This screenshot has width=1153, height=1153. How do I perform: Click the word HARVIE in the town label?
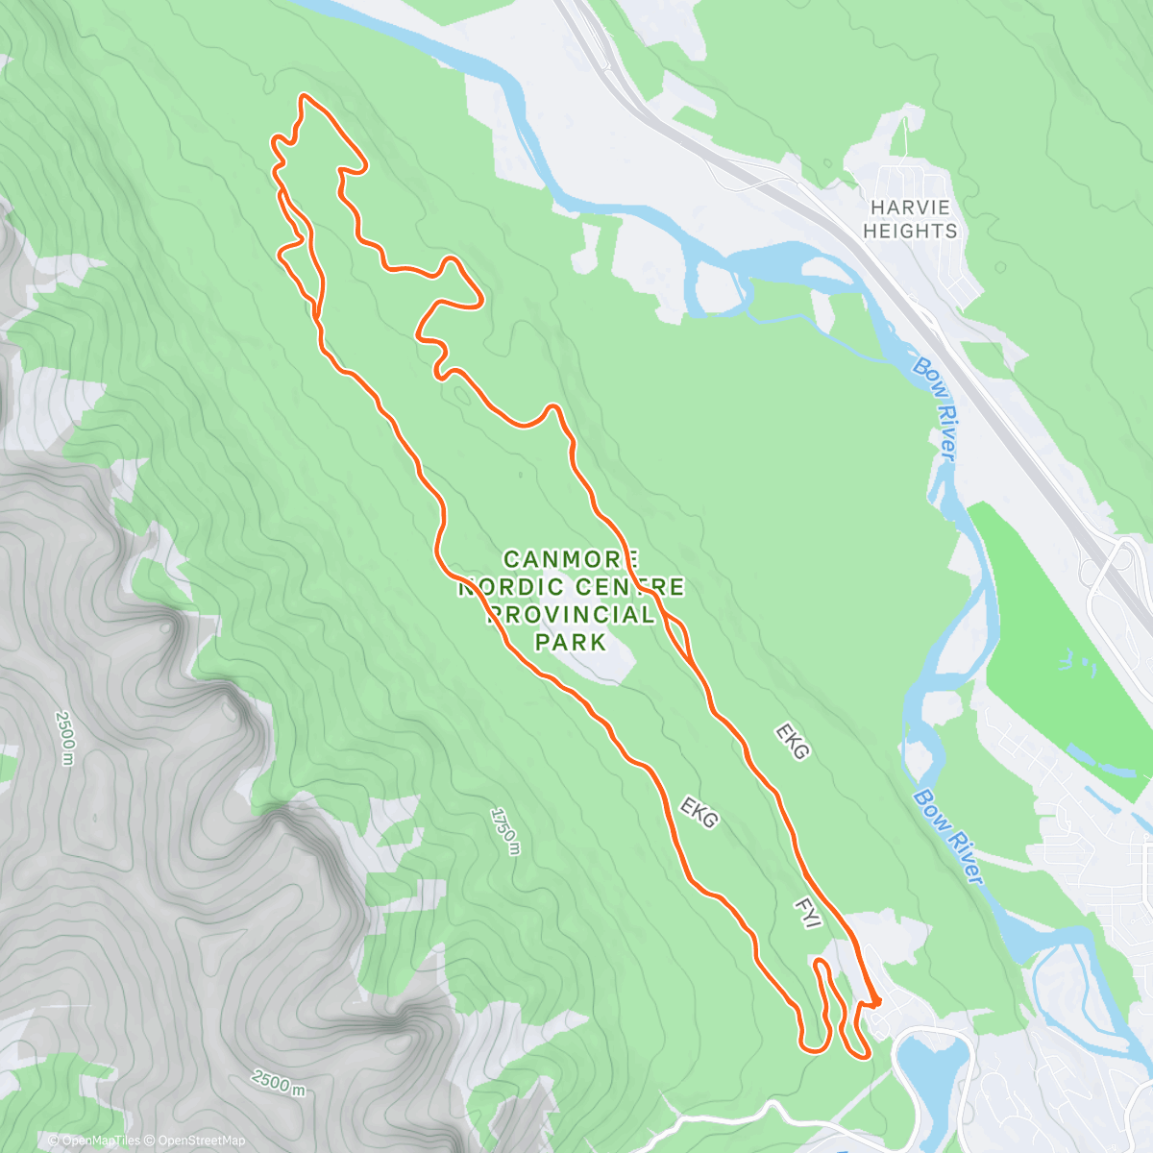(909, 208)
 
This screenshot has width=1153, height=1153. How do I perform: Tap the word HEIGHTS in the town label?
(909, 232)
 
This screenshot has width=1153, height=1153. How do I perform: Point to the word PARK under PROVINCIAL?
(571, 641)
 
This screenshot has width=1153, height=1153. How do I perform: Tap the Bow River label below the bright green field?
(949, 837)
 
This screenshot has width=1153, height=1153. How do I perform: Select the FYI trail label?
(807, 913)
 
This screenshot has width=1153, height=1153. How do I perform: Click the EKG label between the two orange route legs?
(699, 812)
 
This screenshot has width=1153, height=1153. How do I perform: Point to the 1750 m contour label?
(504, 830)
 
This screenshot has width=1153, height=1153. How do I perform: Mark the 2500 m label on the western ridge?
(64, 738)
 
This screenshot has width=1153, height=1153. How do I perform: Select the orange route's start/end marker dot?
(876, 1001)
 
